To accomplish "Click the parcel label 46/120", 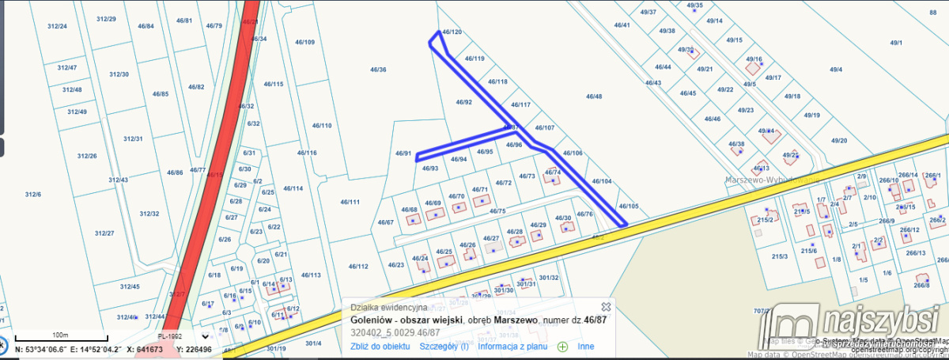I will [452, 32].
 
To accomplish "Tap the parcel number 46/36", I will [378, 70].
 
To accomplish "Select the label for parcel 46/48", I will [594, 97].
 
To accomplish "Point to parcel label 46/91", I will [403, 153].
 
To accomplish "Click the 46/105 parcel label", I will [629, 206].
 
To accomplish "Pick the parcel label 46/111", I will [350, 202].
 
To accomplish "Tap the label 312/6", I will [32, 194].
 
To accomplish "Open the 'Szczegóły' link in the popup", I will [444, 346].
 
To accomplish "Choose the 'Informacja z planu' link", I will [512, 346].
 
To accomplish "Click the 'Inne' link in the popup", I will [585, 346].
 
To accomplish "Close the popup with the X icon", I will [606, 306].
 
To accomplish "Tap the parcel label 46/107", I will [545, 127].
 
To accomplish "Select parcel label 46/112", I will [358, 267].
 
